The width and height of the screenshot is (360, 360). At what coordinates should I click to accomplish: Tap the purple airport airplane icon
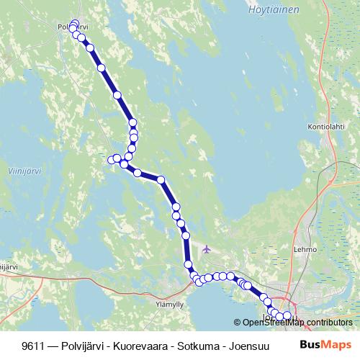(x=207, y=249)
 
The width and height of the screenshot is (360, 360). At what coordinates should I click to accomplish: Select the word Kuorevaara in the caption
(x=113, y=345)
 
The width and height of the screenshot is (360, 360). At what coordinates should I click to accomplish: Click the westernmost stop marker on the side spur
(x=110, y=160)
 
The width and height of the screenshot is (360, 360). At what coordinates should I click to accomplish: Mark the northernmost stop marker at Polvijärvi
(x=75, y=23)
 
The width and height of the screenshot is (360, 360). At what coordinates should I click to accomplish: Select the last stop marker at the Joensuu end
(x=288, y=315)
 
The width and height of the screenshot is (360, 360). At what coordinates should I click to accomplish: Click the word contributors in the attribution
(x=328, y=322)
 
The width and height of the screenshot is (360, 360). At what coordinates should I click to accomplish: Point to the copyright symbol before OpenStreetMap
(x=238, y=322)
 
